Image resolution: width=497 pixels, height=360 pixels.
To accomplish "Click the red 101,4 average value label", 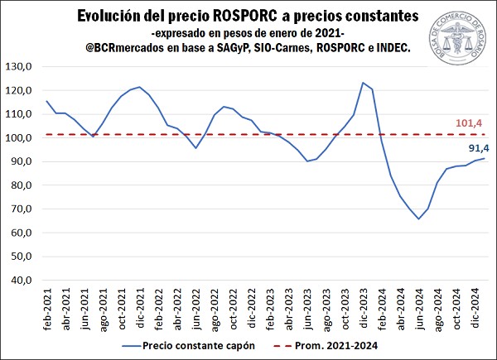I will (x=470, y=123).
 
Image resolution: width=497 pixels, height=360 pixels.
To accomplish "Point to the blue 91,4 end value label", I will (x=470, y=149).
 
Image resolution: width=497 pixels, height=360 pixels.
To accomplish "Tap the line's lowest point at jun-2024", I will (x=419, y=218).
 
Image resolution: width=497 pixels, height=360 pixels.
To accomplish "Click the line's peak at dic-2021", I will (x=139, y=87).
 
